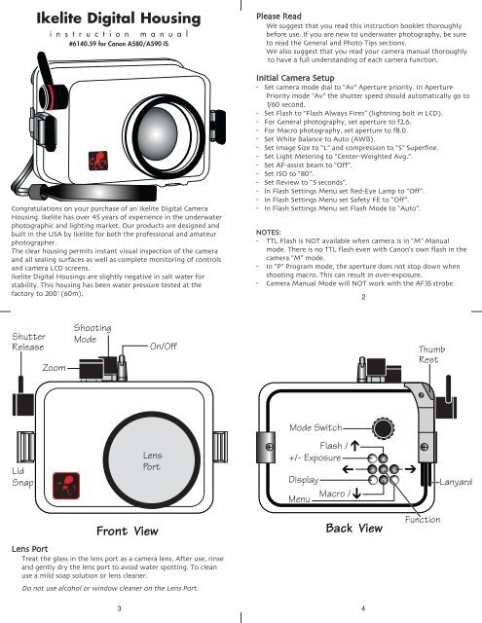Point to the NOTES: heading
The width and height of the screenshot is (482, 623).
tap(269, 205)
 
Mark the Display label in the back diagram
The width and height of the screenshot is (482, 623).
tap(317, 480)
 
